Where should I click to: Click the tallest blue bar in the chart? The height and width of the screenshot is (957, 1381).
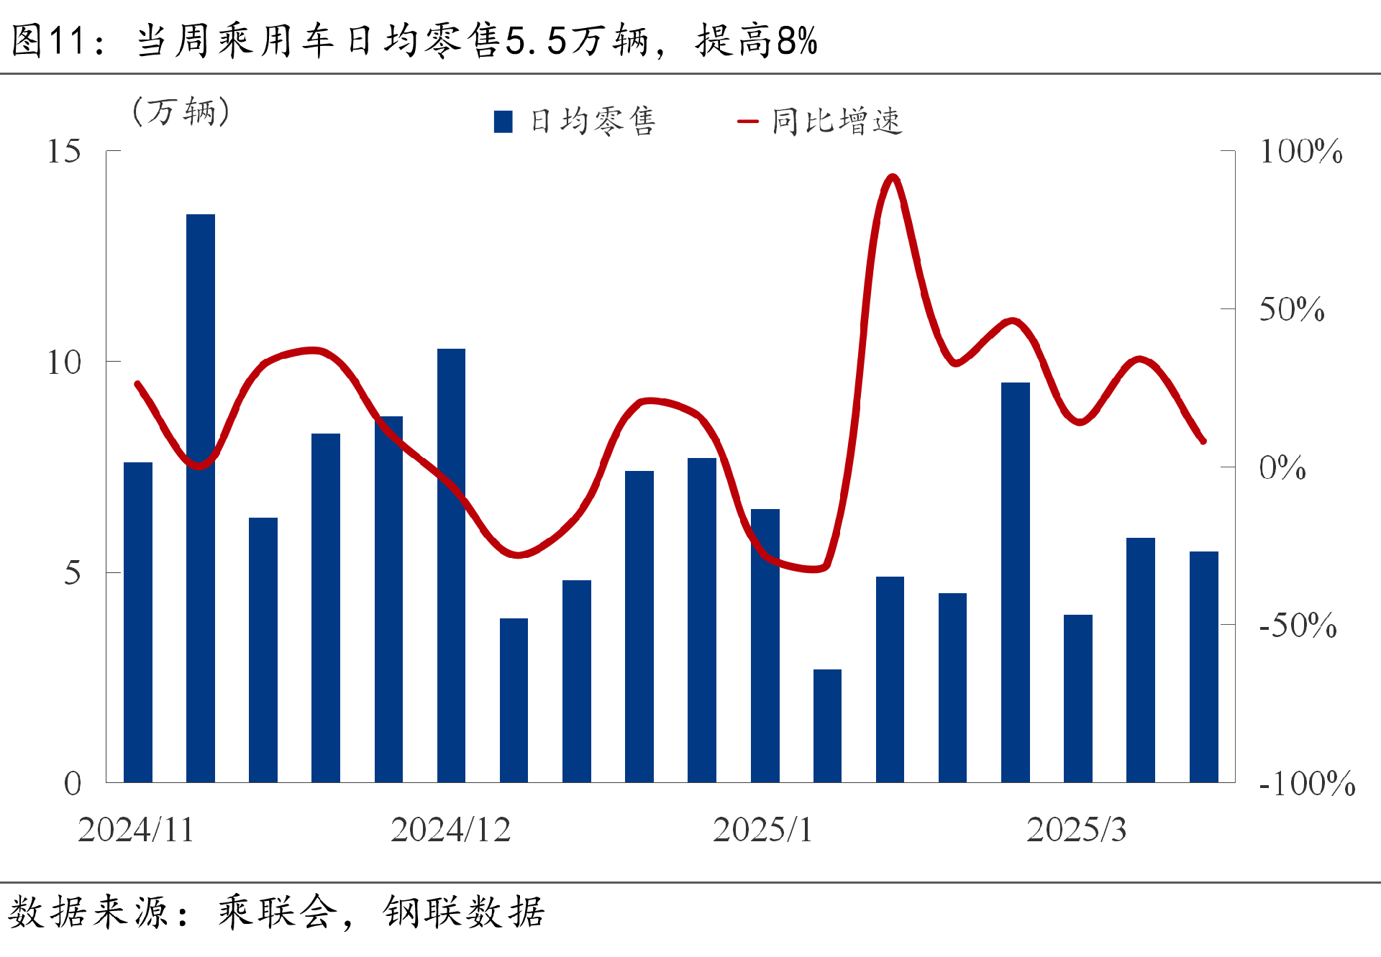(200, 498)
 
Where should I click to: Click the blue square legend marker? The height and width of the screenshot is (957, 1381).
(503, 122)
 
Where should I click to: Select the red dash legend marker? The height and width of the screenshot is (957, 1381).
(748, 122)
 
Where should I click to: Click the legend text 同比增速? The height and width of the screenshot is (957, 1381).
(837, 122)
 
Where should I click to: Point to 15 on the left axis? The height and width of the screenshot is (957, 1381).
(63, 152)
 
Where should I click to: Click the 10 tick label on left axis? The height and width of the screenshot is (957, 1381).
(63, 362)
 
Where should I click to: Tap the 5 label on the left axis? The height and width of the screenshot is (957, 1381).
(72, 573)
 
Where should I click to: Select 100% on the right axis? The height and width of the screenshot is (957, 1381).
(1300, 152)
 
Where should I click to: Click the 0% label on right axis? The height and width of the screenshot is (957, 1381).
(1282, 468)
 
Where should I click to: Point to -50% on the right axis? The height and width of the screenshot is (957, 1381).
(1298, 626)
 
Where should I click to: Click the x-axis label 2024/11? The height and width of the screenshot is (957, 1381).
(136, 830)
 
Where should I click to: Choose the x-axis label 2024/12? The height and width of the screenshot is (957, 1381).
(450, 830)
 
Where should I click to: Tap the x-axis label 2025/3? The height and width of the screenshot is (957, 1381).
(1076, 830)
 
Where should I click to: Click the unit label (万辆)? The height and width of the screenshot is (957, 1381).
(181, 111)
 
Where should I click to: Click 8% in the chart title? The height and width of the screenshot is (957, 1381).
(797, 40)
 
